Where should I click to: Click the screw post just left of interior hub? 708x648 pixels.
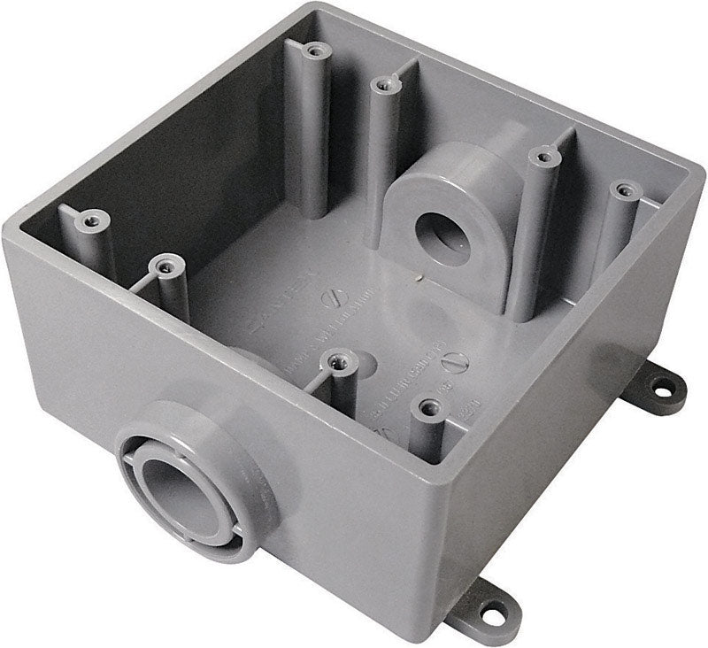tap(381, 85)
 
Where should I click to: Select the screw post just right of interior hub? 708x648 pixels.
tap(541, 158)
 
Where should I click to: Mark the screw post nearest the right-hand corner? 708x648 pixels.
tap(625, 191)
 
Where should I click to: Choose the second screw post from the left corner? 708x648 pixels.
tap(163, 264)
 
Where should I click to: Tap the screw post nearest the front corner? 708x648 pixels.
tap(430, 408)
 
